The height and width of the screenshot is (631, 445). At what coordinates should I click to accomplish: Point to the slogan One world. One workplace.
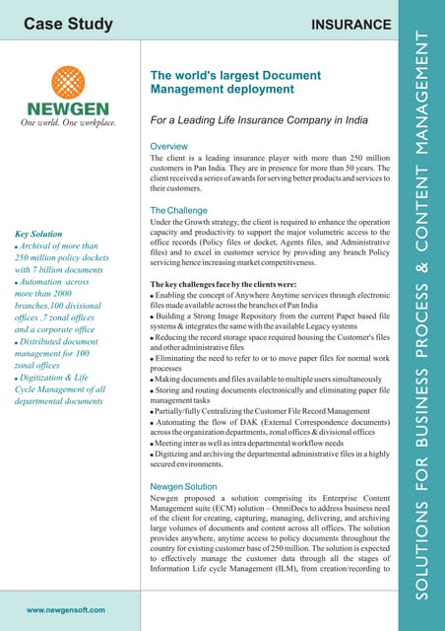coord(69,123)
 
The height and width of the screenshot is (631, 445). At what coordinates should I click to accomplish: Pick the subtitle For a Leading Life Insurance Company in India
coord(259,121)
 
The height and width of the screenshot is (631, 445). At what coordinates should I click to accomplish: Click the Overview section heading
coord(172,147)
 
